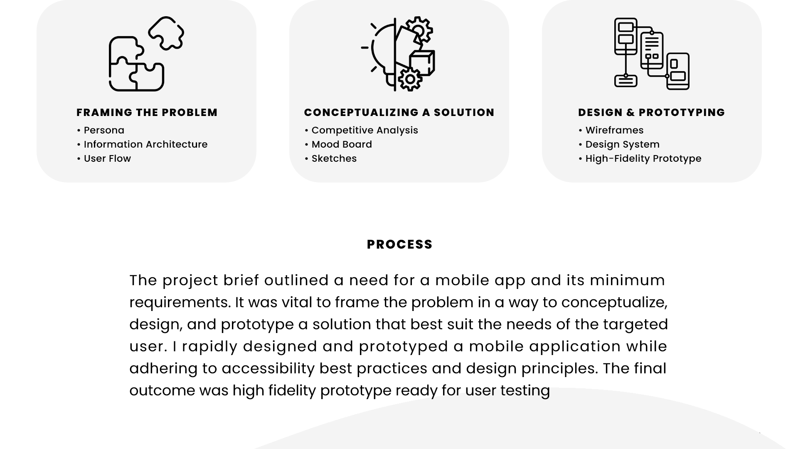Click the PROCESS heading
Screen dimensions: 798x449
[x=399, y=244]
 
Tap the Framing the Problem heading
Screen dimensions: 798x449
[x=147, y=113]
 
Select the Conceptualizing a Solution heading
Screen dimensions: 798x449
[x=399, y=113]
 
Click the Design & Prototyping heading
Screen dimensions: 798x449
[x=651, y=113]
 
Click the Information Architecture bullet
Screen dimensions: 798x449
[x=143, y=145]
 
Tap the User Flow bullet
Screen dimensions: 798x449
[x=104, y=159]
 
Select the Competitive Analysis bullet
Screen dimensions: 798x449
[x=362, y=131]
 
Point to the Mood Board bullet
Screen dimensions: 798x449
[x=339, y=145]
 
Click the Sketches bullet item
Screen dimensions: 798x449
[x=331, y=159]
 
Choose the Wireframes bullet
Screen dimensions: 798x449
[x=611, y=131]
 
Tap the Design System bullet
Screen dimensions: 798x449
[x=619, y=145]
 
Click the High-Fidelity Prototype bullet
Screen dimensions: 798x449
[x=640, y=159]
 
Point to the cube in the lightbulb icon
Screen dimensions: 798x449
[x=423, y=63]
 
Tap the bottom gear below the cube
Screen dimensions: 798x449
[x=410, y=79]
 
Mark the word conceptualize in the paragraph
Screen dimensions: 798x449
[x=614, y=303]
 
